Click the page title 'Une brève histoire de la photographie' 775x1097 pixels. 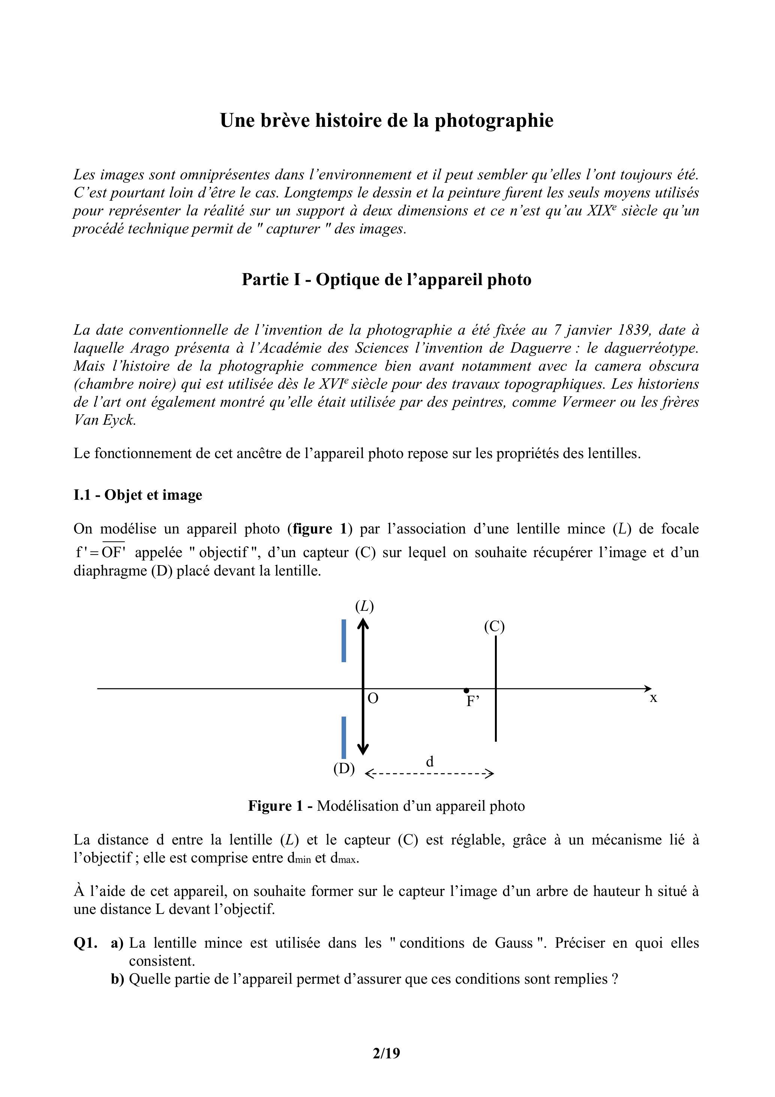point(386,120)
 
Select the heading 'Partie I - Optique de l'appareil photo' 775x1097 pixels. point(386,280)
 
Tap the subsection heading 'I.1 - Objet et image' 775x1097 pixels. point(138,495)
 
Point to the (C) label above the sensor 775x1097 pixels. point(494,627)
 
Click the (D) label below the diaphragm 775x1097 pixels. point(344,769)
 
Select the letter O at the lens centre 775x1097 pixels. point(373,699)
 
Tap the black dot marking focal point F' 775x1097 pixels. point(466,690)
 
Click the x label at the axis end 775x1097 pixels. point(653,698)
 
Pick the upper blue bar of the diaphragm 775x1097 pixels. point(344,641)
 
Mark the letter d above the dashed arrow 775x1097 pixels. point(430,762)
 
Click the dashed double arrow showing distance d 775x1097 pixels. point(429,774)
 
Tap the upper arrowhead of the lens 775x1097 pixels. point(363,624)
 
